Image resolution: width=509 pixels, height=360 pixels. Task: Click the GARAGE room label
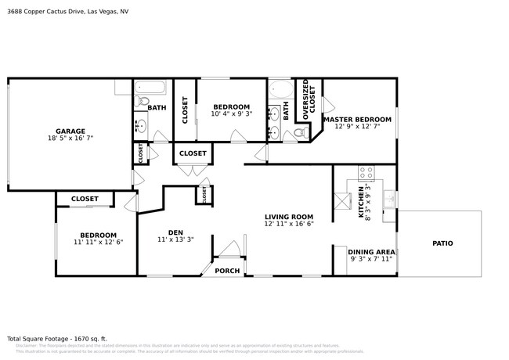pyautogui.click(x=70, y=131)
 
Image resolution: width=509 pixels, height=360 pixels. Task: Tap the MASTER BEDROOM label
pyautogui.click(x=356, y=119)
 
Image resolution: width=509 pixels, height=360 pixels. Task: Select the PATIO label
pyautogui.click(x=442, y=243)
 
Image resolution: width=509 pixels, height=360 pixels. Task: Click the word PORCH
pyautogui.click(x=227, y=271)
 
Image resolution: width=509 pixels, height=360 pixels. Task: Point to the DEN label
pyautogui.click(x=175, y=232)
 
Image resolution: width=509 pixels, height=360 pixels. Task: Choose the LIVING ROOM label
pyautogui.click(x=288, y=217)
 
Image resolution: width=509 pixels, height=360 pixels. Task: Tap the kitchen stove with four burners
pyautogui.click(x=366, y=173)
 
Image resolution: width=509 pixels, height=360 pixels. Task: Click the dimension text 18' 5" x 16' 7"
pyautogui.click(x=70, y=139)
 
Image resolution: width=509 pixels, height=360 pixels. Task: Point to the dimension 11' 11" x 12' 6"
pyautogui.click(x=98, y=243)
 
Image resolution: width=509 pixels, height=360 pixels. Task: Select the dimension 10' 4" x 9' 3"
pyautogui.click(x=232, y=114)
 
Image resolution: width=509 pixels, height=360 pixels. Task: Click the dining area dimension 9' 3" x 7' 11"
pyautogui.click(x=372, y=259)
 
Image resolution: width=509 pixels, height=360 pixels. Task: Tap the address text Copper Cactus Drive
pyautogui.click(x=70, y=12)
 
